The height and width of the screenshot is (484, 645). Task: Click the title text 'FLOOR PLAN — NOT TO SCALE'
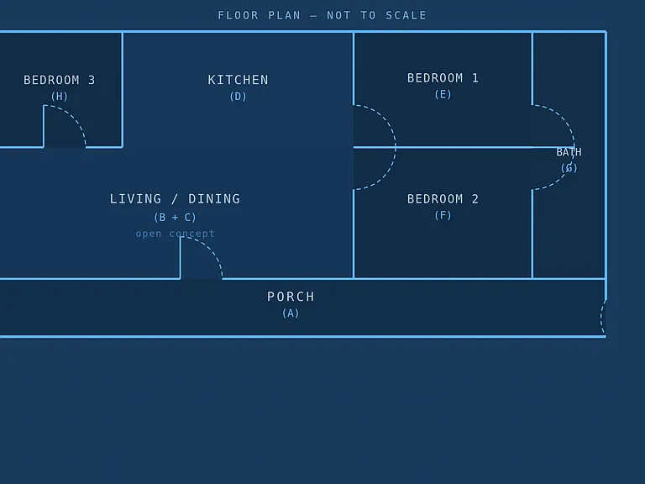coord(322,16)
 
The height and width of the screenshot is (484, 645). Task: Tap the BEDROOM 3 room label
coord(60,80)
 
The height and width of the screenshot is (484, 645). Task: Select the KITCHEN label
coord(238,80)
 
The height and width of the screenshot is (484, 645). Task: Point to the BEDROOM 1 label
coord(443,78)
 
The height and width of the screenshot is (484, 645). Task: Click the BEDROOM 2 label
coord(443,199)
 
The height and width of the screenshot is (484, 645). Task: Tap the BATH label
coord(569,152)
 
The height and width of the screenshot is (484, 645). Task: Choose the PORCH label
coord(291,297)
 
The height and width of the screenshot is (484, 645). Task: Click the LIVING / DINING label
coord(175,199)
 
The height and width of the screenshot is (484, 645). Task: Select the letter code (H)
coord(60,97)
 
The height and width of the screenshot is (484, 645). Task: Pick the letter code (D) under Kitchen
coord(238,97)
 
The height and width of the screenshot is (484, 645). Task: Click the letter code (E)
coord(443,95)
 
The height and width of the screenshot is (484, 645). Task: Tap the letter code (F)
coord(443,215)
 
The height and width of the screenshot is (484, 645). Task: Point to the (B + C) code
coord(175,218)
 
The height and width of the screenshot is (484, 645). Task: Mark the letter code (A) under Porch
coord(291,313)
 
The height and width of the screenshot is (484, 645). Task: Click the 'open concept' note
coord(175,234)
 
